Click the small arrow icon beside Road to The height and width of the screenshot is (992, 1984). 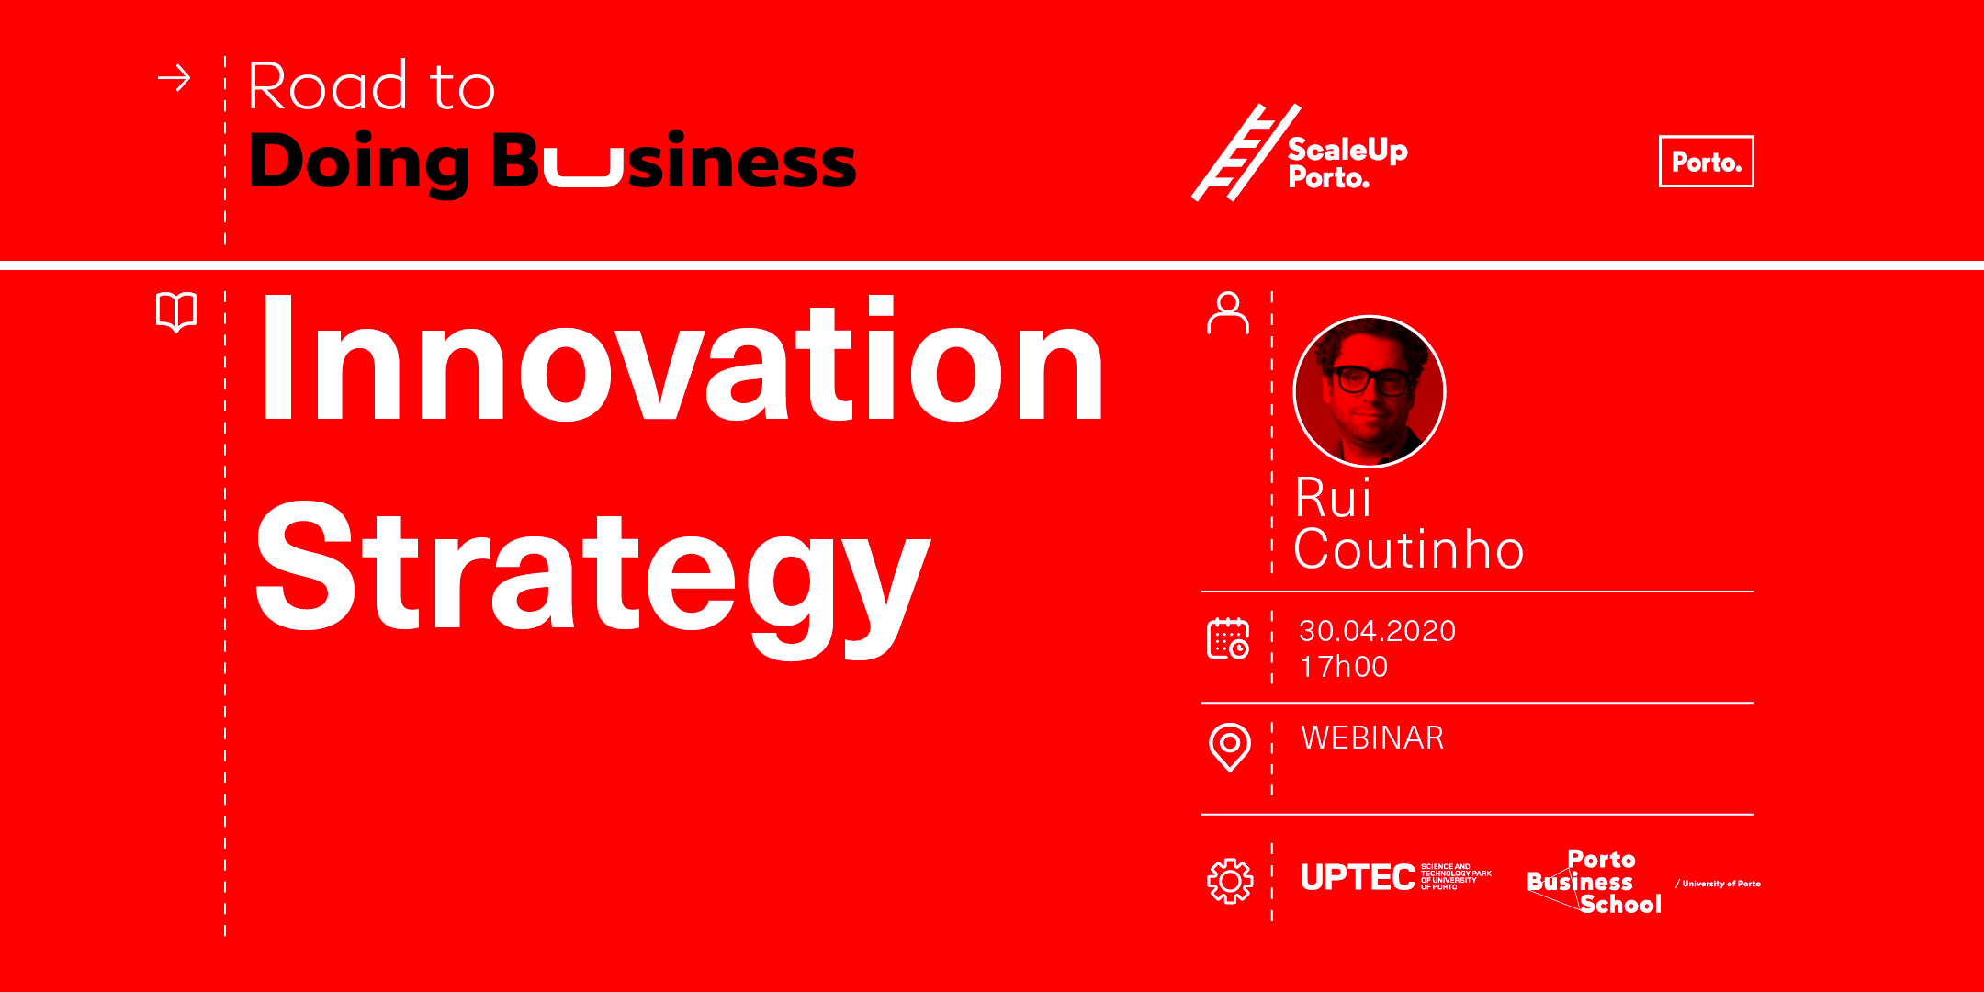[x=174, y=79]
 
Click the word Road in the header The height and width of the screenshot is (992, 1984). [x=328, y=86]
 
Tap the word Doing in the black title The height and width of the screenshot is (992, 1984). [x=359, y=163]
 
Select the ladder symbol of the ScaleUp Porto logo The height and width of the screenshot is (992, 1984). [x=1246, y=152]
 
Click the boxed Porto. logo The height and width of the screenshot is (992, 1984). [x=1706, y=162]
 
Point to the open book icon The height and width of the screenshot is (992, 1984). [x=176, y=312]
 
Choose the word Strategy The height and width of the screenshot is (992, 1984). [x=592, y=579]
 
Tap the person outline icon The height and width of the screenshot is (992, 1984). [x=1228, y=312]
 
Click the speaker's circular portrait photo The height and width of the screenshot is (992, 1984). [x=1369, y=392]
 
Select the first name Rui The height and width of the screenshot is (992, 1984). [x=1333, y=499]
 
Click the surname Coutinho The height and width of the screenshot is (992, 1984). [x=1409, y=550]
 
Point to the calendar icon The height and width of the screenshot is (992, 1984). [x=1228, y=638]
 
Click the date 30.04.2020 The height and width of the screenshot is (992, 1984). [x=1377, y=631]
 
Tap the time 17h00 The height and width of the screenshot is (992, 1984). [x=1343, y=667]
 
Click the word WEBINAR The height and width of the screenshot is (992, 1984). [x=1372, y=738]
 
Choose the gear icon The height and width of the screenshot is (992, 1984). [x=1230, y=882]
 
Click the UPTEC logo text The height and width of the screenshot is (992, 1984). [x=1358, y=878]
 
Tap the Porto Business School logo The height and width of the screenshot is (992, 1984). [x=1595, y=883]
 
